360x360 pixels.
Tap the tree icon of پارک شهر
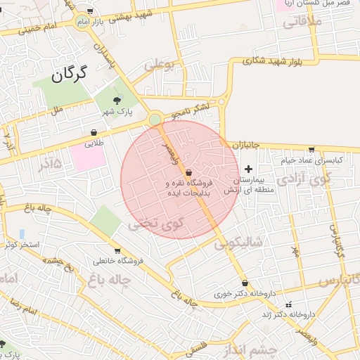point(117,101)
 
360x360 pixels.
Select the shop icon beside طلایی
point(94,131)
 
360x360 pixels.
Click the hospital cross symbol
point(248,169)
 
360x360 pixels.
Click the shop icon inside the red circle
point(188,172)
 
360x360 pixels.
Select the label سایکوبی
point(239,243)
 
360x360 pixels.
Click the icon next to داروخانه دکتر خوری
point(244,283)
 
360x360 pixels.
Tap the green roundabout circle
point(155,120)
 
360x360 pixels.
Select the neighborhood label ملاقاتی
point(302,22)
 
